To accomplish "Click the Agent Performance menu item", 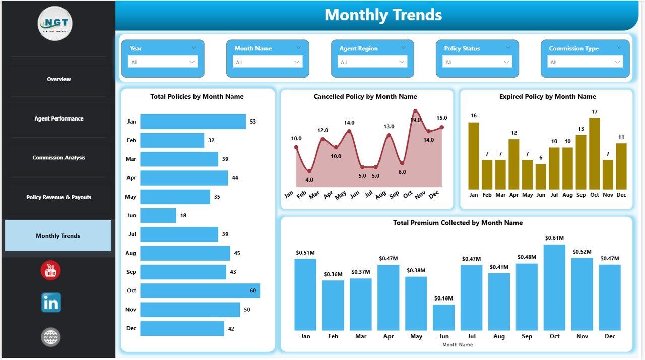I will click(58, 118).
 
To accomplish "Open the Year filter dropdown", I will click(163, 62).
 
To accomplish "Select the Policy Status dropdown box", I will click(477, 62).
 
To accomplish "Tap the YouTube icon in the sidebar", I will click(50, 271).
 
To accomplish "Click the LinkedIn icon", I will click(51, 303).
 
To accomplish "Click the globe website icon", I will click(51, 337).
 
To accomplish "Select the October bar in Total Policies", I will click(200, 291).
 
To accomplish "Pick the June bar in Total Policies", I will click(158, 215).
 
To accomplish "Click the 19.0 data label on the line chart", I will click(415, 120).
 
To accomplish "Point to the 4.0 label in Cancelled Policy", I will click(309, 180).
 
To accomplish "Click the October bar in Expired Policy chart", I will click(595, 154).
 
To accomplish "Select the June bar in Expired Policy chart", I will click(541, 176).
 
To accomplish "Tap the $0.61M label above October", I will click(554, 238).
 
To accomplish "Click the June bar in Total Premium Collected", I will click(443, 317).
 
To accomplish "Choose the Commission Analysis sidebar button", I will click(58, 158).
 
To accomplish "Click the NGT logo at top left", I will click(55, 23).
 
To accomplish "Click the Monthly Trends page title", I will click(383, 15).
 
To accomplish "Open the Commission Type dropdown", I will click(585, 62).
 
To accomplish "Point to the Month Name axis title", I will click(458, 345).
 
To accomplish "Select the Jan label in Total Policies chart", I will click(131, 122).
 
